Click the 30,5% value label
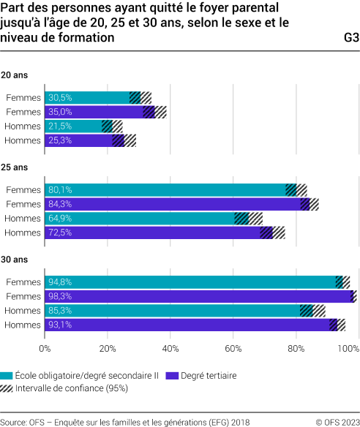[60, 98]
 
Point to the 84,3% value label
[60, 204]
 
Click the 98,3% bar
[198, 296]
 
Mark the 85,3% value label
[60, 311]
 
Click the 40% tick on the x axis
[170, 348]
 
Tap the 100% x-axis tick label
[348, 348]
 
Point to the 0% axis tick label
[45, 348]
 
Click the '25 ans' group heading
[14, 167]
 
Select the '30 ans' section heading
[14, 260]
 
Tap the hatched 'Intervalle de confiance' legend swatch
[7, 388]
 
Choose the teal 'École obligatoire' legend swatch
[7, 375]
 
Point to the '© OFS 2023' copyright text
[337, 422]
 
